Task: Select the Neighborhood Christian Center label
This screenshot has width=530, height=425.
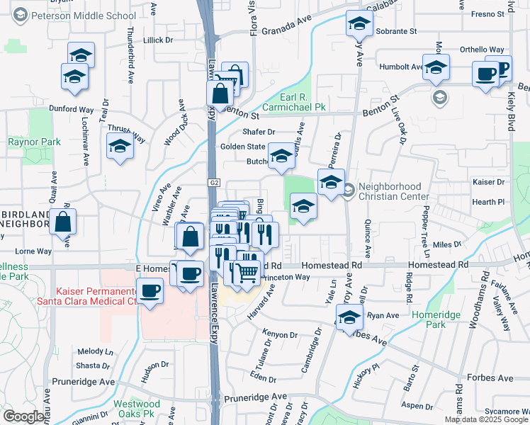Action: click(394, 191)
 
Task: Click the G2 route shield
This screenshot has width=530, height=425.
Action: click(214, 183)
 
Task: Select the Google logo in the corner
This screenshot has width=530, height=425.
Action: click(23, 416)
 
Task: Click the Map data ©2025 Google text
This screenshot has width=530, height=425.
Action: click(486, 419)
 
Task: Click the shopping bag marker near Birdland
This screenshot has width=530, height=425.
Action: click(63, 222)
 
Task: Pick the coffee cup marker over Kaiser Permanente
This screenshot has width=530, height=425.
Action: click(150, 291)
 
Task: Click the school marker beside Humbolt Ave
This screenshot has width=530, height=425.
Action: click(436, 67)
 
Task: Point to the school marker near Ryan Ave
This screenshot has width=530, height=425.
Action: click(349, 319)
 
